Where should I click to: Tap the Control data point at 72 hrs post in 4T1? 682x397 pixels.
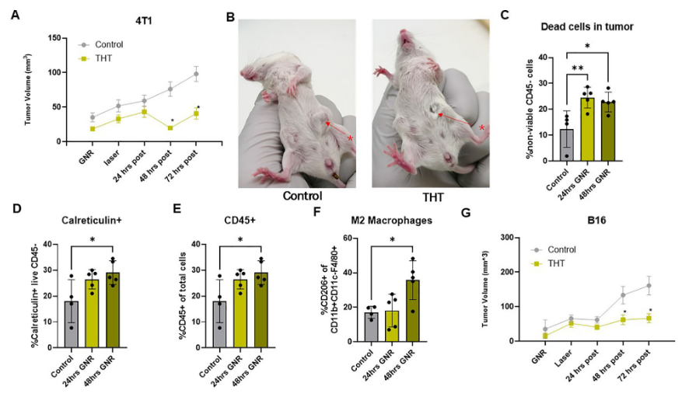point(197,75)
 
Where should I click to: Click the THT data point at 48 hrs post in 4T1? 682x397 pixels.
point(170,127)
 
